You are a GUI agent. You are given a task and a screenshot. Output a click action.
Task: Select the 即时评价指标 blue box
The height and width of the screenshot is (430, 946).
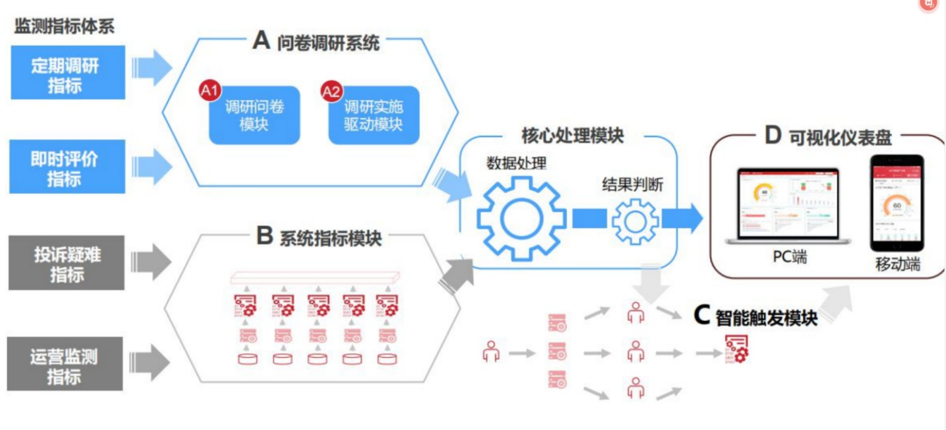pos(66,167)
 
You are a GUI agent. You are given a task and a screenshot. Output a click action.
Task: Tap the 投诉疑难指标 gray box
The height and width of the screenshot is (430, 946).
pos(66,263)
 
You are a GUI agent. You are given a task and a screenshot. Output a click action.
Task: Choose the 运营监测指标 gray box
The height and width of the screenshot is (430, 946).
pos(65,364)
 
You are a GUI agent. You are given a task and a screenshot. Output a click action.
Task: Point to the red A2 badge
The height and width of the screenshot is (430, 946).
pos(331,92)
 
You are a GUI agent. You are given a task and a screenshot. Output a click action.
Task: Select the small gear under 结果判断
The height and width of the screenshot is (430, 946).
pos(636,220)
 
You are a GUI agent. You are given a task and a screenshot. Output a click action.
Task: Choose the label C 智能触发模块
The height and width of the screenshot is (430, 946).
pos(755,316)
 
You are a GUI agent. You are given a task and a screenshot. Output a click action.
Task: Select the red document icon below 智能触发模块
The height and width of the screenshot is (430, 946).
pos(736,350)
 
